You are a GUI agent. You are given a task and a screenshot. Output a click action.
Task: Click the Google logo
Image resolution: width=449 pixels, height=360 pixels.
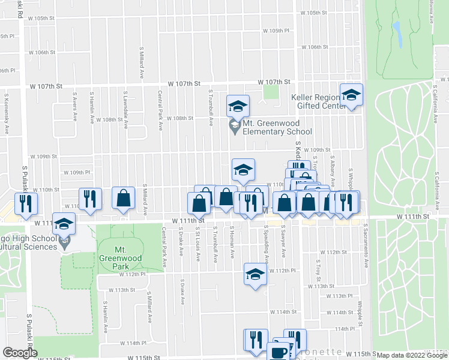[x=20, y=352]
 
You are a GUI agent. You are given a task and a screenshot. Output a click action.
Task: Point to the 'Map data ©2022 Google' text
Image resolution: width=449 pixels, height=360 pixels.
[x=411, y=355]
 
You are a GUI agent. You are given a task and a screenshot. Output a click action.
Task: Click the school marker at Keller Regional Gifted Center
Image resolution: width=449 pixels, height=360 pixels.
[x=351, y=95]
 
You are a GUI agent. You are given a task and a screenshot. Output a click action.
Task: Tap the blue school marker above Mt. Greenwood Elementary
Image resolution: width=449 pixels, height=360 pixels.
[x=238, y=106]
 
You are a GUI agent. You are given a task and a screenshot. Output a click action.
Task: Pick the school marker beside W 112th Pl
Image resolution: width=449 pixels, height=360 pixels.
[x=255, y=275]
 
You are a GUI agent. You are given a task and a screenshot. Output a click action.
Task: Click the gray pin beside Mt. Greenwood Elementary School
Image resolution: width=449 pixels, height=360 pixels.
[x=234, y=127]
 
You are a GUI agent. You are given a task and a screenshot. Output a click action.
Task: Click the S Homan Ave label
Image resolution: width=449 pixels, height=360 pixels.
[x=232, y=242]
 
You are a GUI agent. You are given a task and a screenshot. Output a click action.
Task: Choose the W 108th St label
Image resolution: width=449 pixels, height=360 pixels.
[x=179, y=118]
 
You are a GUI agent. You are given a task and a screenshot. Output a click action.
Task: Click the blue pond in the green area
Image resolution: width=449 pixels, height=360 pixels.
[x=397, y=35]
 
